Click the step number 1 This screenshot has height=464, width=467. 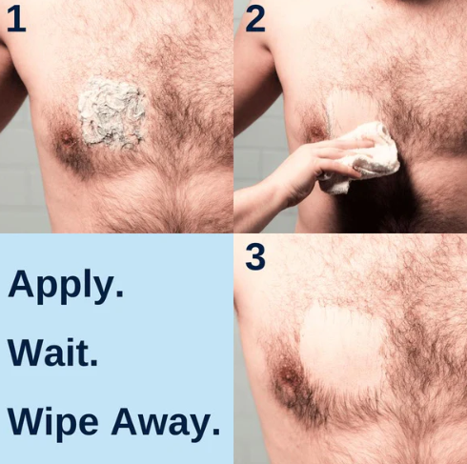coord(15,19)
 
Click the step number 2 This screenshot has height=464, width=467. coord(254,19)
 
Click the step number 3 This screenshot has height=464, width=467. coord(255,256)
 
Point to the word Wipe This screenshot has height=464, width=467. coord(53,422)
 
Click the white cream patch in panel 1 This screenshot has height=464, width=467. coord(111,111)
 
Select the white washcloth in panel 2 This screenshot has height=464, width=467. coord(367,152)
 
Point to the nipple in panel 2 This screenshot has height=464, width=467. coord(312,134)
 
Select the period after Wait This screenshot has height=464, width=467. coord(93,365)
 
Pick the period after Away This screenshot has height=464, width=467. coord(215,434)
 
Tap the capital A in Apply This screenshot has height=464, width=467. coord(21,284)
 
